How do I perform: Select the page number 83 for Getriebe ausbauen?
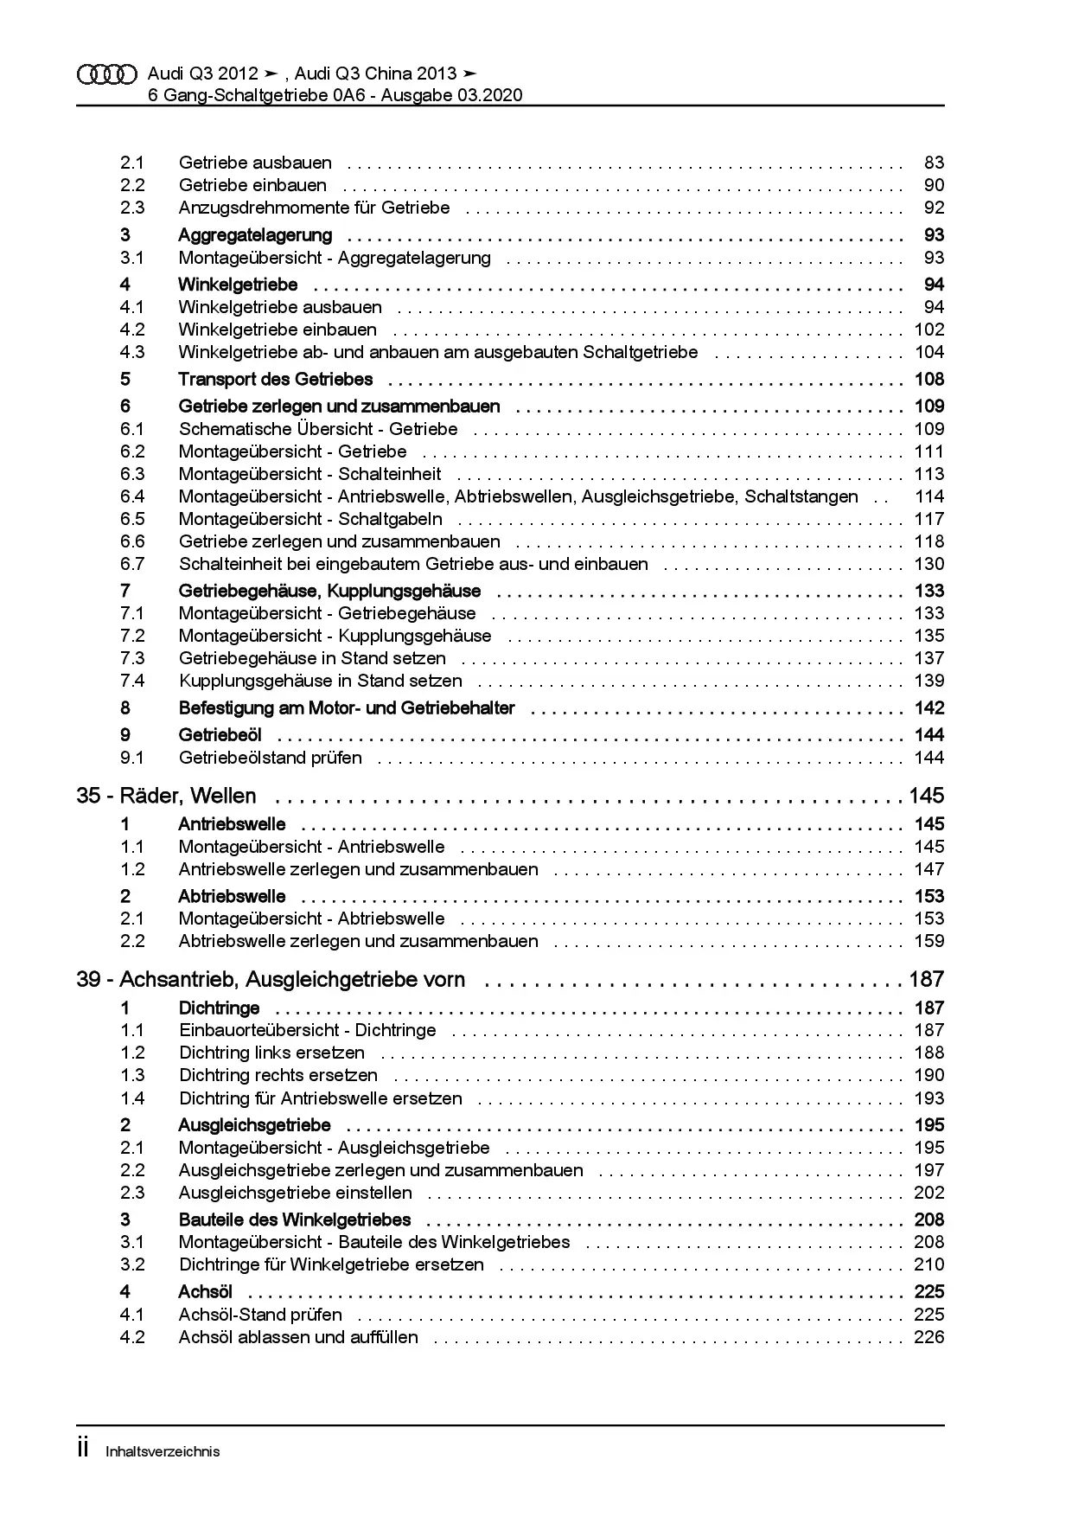coord(934,163)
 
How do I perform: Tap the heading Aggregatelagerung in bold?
coord(255,235)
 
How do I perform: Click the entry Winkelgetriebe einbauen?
coord(278,330)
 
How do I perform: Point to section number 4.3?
coord(132,352)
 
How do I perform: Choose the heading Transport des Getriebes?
coord(275,380)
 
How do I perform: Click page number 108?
coord(929,380)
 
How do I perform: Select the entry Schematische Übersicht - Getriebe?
coord(318,429)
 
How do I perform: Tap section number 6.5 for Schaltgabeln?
coord(132,519)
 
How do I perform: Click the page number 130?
coord(929,564)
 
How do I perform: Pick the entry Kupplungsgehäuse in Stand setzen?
coord(320,681)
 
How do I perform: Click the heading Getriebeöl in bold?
coord(220,735)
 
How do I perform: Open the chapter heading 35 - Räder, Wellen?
coord(166,796)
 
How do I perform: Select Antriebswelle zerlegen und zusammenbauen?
coord(358,869)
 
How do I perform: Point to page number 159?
coord(929,941)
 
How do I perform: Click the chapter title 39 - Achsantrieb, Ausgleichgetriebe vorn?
coord(271,980)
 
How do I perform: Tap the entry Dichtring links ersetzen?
coord(271,1053)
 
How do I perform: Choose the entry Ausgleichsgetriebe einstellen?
coord(295,1193)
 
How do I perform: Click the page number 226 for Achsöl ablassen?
coord(929,1337)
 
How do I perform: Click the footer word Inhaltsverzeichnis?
coord(163,1451)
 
